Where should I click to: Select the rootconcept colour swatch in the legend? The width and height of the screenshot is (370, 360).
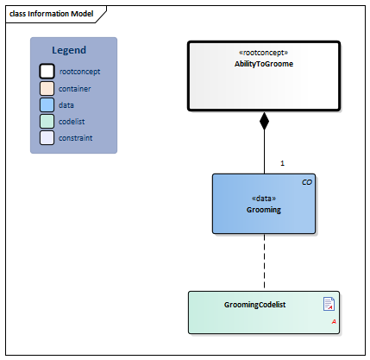point(47,72)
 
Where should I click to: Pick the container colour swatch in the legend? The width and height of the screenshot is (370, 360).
point(47,88)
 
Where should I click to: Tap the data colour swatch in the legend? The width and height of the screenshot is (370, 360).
point(47,104)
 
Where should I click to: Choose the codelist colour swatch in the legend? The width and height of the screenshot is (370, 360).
point(47,121)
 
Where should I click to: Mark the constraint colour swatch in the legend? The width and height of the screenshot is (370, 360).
point(47,137)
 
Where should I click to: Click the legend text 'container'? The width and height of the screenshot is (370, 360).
point(76,88)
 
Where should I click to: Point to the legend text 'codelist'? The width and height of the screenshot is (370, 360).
point(74,121)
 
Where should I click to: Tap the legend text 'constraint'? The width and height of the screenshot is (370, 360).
point(77,137)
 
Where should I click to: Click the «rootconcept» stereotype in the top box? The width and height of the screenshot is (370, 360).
point(263,53)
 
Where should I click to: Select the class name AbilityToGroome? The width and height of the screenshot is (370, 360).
point(263,63)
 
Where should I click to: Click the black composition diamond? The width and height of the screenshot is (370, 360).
point(265,122)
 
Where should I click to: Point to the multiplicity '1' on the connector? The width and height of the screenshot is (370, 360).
point(283,162)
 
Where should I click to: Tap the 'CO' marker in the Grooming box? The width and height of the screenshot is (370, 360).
point(306,183)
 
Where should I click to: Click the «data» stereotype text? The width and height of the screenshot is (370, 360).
point(264,198)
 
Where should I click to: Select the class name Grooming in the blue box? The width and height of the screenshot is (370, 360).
point(264,209)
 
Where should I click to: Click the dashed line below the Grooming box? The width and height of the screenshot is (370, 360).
point(264,263)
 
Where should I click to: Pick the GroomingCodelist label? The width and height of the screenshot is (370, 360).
point(255,305)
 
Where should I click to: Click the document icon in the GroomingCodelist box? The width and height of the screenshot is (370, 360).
point(329,304)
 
